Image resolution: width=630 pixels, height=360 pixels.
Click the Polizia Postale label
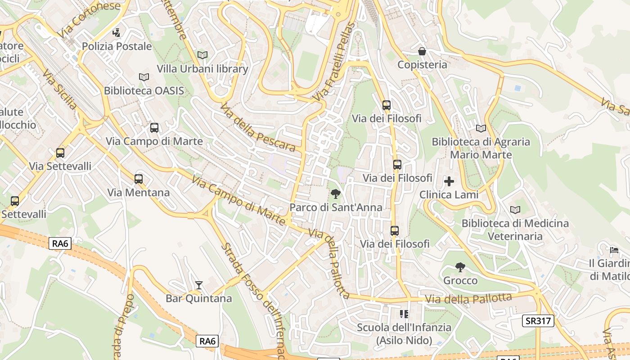point(117,46)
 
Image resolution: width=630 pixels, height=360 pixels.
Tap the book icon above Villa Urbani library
point(202,55)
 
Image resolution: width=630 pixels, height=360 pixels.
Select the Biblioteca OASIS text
point(144,90)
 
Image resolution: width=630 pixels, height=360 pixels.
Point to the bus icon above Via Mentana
point(139,179)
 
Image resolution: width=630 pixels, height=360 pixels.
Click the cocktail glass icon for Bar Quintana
point(198,285)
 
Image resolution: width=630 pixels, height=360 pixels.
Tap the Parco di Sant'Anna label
point(336,207)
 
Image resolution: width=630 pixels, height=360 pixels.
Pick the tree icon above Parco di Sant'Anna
point(335,194)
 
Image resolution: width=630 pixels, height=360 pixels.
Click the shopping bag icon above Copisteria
point(422,51)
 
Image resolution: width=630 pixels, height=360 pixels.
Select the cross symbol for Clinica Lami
point(449,181)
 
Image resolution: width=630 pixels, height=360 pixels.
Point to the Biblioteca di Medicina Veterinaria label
point(515,229)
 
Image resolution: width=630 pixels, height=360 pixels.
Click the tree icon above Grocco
point(460,268)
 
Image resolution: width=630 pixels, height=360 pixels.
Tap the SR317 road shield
point(538,321)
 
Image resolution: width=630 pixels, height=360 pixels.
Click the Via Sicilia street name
point(60,89)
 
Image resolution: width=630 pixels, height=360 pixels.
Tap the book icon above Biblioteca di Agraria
point(481,128)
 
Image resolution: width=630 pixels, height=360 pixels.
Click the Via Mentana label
point(139,193)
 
